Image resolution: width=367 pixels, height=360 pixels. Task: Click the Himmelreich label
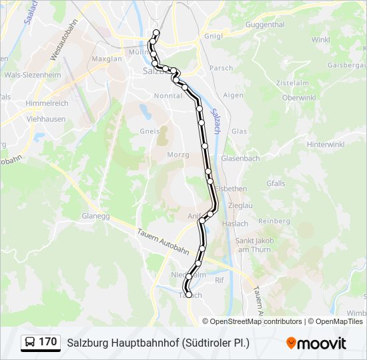[47, 104]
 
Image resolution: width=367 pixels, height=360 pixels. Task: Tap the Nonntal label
[167, 96]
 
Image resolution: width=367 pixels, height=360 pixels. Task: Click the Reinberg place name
[274, 221]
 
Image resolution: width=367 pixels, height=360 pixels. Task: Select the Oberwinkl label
[298, 97]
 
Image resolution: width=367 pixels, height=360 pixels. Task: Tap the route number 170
[47, 342]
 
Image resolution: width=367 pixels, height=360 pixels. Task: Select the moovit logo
[316, 343]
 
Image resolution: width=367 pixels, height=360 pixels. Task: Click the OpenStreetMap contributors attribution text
[256, 321]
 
